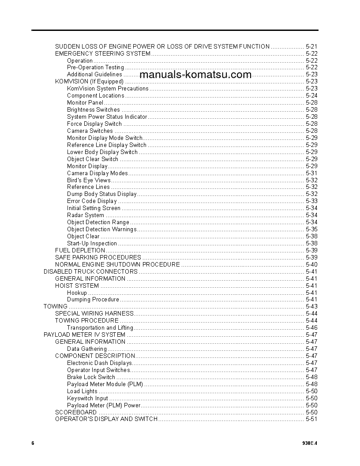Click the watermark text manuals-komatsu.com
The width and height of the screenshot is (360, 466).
click(195, 75)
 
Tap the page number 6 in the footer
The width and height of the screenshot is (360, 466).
click(33, 443)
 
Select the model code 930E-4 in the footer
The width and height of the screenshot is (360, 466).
click(310, 443)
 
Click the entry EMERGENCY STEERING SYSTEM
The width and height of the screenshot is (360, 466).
click(102, 53)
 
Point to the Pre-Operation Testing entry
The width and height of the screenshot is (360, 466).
click(95, 68)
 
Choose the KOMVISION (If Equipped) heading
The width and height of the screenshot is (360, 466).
click(89, 82)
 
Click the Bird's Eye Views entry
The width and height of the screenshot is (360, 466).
click(89, 180)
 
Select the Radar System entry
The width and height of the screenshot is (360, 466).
click(86, 215)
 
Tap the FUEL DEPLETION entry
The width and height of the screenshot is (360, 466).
click(80, 250)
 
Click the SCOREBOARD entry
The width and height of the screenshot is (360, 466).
click(76, 412)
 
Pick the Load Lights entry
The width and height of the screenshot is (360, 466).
click(82, 391)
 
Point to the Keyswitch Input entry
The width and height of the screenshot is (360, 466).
click(87, 398)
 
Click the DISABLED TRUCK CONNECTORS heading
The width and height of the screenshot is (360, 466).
click(90, 271)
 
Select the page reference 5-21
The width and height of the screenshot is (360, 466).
click(311, 46)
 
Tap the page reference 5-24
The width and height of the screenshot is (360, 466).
click(311, 96)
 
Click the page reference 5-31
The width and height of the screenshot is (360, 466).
click(311, 173)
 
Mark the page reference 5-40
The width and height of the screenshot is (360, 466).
click(311, 264)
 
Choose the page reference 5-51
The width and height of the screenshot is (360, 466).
click(311, 419)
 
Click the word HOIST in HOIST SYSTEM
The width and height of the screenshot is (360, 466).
click(64, 286)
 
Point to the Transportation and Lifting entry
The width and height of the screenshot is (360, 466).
click(100, 328)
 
